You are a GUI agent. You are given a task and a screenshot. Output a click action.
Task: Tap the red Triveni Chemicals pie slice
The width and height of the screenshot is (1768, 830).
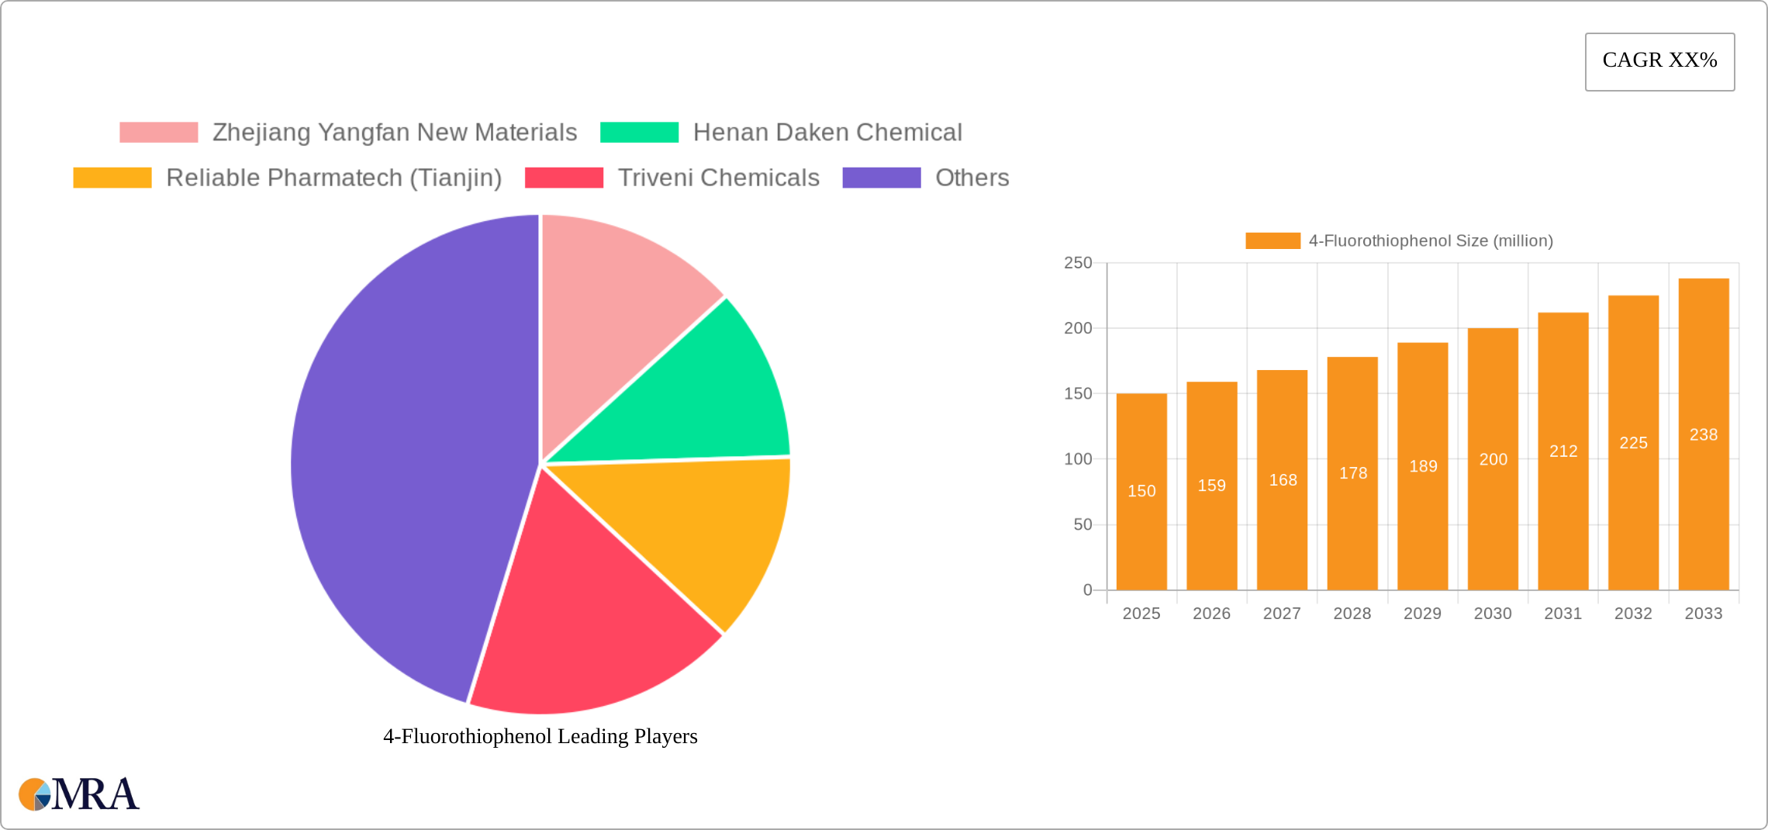tap(589, 621)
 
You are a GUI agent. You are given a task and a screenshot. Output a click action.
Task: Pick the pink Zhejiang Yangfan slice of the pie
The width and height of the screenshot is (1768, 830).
tap(620, 310)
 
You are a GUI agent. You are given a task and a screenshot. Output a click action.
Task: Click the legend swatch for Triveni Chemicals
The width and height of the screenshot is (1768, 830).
tap(564, 178)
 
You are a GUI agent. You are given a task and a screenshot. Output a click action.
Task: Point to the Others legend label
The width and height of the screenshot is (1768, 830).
tap(972, 178)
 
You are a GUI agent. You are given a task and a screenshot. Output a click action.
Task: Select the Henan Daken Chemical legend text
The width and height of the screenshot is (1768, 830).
tap(827, 133)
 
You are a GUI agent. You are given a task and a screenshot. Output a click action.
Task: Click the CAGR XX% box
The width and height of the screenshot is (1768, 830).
tap(1659, 61)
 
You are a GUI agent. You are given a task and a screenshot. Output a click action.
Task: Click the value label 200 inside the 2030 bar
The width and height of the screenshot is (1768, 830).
tap(1493, 459)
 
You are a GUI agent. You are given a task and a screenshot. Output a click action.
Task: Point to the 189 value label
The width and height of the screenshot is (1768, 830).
tap(1423, 466)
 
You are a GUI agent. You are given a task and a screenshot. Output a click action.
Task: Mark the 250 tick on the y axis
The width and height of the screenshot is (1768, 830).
tap(1078, 263)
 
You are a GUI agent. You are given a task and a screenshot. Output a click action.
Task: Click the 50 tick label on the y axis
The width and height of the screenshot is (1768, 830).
tap(1083, 525)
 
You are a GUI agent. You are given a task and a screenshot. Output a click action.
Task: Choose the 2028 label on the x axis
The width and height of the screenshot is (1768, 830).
tap(1352, 614)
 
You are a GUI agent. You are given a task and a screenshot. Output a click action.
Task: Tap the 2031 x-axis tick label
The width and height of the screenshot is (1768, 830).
tap(1563, 614)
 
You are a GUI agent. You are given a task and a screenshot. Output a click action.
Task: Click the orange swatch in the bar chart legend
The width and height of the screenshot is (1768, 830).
tap(1272, 241)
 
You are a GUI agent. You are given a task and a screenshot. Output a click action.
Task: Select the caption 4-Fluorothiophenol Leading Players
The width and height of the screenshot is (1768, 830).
tap(540, 736)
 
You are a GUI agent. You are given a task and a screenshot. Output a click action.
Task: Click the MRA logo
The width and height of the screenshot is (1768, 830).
tap(79, 794)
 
